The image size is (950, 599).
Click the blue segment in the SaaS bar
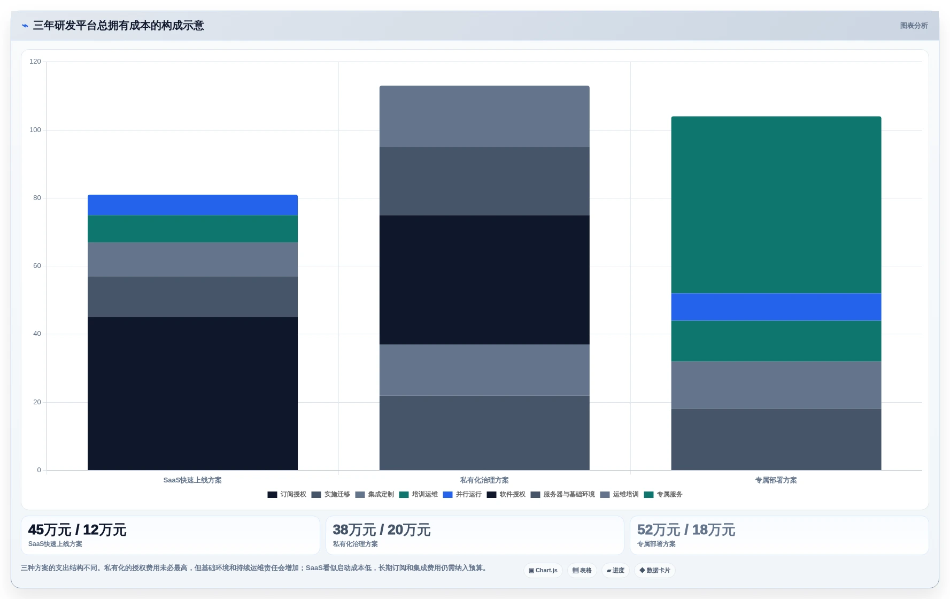tap(192, 205)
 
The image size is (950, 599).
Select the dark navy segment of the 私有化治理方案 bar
tap(484, 280)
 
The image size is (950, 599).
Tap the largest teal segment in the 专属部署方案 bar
tap(776, 205)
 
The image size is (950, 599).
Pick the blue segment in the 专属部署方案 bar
tap(776, 307)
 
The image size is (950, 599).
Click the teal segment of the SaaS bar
tap(192, 229)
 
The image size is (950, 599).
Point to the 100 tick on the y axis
tap(35, 130)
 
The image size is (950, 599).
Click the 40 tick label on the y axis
tap(37, 334)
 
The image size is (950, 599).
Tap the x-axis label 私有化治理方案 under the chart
tap(484, 480)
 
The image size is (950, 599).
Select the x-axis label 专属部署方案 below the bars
tap(776, 480)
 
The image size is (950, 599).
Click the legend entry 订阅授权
tap(287, 495)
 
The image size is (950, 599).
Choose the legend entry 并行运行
tap(462, 495)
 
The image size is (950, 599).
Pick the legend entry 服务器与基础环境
tap(563, 495)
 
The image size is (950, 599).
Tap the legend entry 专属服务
tap(663, 495)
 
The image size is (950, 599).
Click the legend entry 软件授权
tap(506, 495)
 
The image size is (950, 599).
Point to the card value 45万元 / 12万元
tap(77, 530)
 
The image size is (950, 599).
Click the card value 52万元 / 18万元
tap(686, 530)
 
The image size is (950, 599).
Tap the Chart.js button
tap(543, 571)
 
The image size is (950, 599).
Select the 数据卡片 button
tap(655, 571)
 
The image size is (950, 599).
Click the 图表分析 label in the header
tap(914, 26)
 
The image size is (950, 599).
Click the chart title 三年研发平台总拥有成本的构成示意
tap(119, 26)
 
